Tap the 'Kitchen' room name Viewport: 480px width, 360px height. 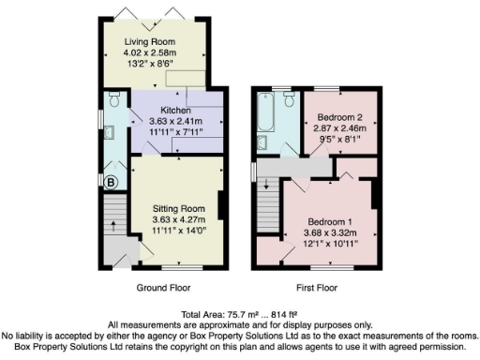(x=175, y=111)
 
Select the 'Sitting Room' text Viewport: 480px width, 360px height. (x=178, y=207)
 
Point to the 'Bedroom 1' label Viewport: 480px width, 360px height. (x=331, y=220)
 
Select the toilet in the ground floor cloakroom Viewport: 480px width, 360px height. (x=114, y=98)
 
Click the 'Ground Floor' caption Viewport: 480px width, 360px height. (x=165, y=289)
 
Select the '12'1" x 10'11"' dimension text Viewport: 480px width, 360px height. (x=331, y=242)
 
